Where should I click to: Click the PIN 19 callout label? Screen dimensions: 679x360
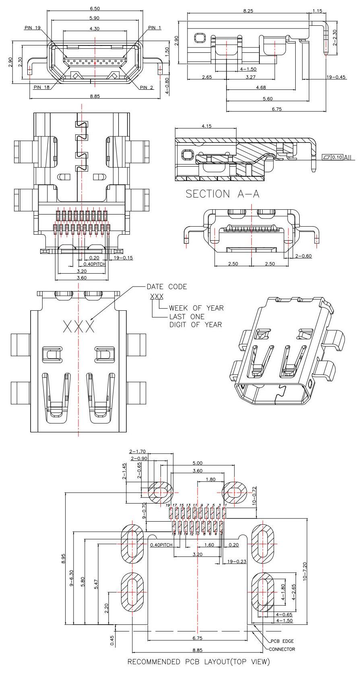click(33, 28)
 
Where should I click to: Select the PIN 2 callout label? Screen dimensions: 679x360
click(146, 87)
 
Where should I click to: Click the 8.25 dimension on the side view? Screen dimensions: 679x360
click(248, 11)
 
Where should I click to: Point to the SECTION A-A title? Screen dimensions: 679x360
click(222, 194)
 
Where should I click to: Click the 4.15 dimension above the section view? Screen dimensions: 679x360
click(206, 126)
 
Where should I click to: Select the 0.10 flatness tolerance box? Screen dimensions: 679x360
click(337, 157)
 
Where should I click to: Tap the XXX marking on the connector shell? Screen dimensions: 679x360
click(79, 326)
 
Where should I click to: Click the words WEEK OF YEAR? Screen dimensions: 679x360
click(196, 308)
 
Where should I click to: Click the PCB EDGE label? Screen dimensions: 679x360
click(282, 641)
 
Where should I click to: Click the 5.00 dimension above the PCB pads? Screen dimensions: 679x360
click(197, 463)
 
